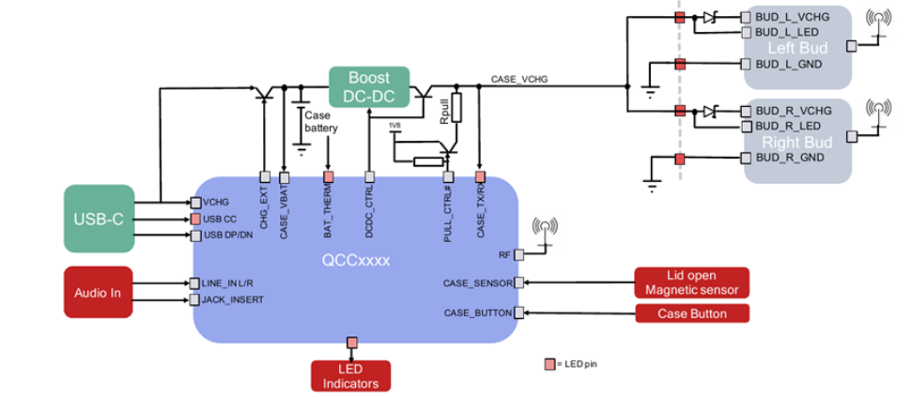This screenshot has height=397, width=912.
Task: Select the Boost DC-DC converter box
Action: (370, 86)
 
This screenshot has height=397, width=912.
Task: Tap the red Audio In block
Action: (99, 290)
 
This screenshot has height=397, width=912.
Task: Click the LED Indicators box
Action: (350, 375)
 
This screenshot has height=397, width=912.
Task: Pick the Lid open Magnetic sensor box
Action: (693, 282)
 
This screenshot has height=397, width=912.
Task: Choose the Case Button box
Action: (693, 313)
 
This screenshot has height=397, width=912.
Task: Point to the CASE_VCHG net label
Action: (519, 80)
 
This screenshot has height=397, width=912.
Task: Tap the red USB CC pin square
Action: (195, 219)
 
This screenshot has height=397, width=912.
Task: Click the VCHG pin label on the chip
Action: (216, 202)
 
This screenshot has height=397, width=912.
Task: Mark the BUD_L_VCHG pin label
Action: (786, 17)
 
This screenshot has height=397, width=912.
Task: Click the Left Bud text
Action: (795, 47)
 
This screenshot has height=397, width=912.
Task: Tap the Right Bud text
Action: (795, 142)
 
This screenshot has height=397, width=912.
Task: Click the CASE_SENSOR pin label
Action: (477, 282)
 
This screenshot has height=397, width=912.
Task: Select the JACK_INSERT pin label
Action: (232, 299)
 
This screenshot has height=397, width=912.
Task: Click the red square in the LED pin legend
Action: (549, 363)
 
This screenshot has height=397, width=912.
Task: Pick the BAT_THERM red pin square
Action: (329, 176)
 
